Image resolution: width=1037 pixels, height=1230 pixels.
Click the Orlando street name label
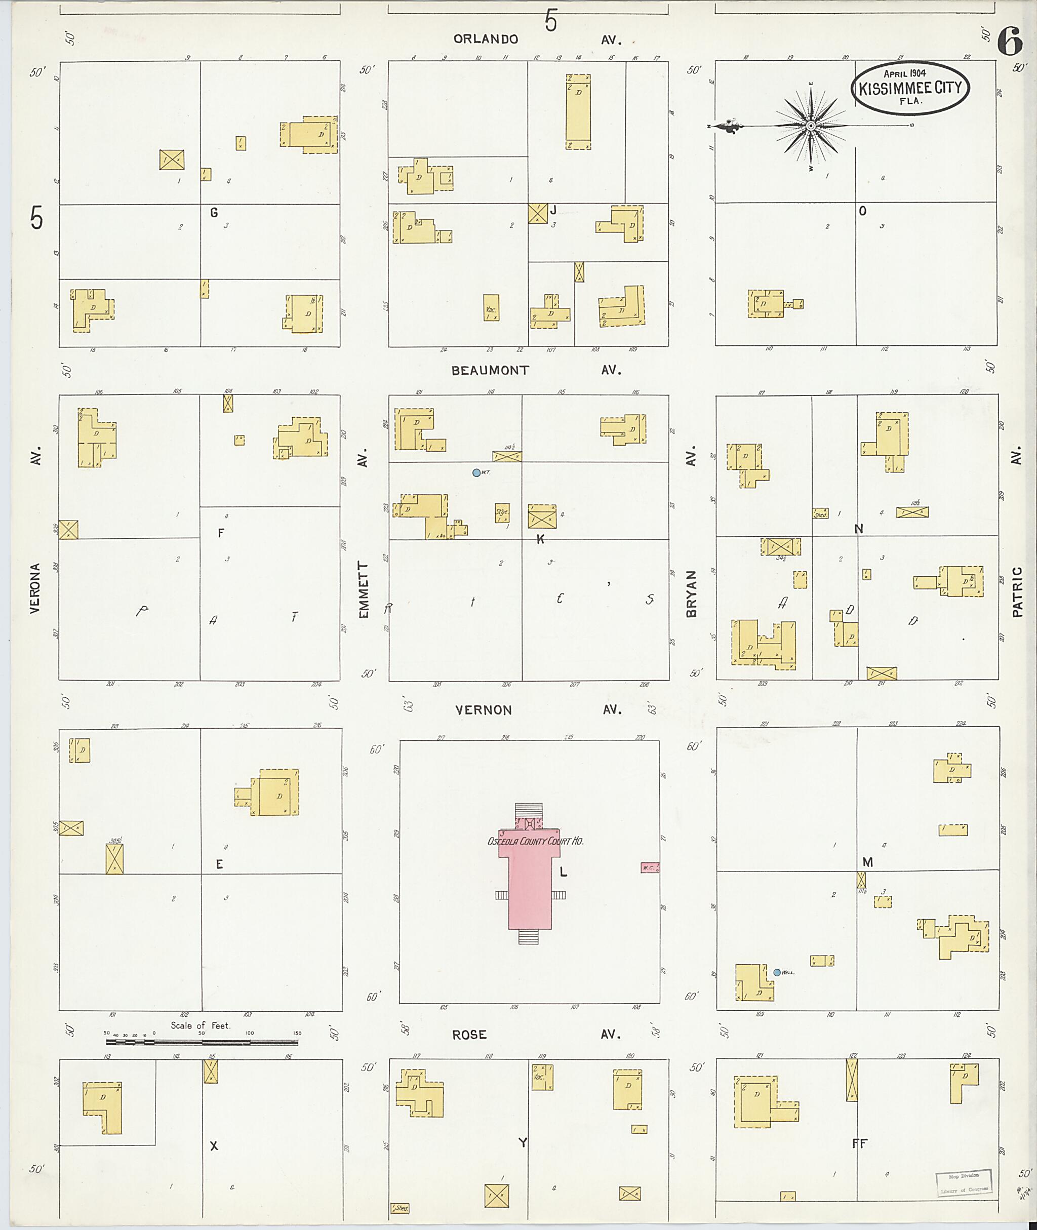click(x=486, y=39)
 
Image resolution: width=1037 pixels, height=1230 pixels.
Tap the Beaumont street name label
click(x=490, y=370)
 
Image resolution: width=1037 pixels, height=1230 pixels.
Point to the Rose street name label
click(x=469, y=1035)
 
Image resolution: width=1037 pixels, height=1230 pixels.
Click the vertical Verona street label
click(x=35, y=588)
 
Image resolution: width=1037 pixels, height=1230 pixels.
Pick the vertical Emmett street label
click(x=364, y=588)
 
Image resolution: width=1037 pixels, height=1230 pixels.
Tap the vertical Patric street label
click(x=1017, y=591)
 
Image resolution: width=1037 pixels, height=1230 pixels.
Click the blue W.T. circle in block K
click(x=476, y=472)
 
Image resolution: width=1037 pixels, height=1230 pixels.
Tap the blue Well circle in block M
click(x=777, y=972)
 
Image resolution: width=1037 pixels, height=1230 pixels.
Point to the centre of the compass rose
click(x=810, y=126)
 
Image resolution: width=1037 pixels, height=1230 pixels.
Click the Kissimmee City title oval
click(x=910, y=88)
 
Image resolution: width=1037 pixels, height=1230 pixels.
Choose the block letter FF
click(x=859, y=1143)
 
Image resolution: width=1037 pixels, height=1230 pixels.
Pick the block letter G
click(x=214, y=213)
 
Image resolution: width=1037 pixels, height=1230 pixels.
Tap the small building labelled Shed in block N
click(x=820, y=513)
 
